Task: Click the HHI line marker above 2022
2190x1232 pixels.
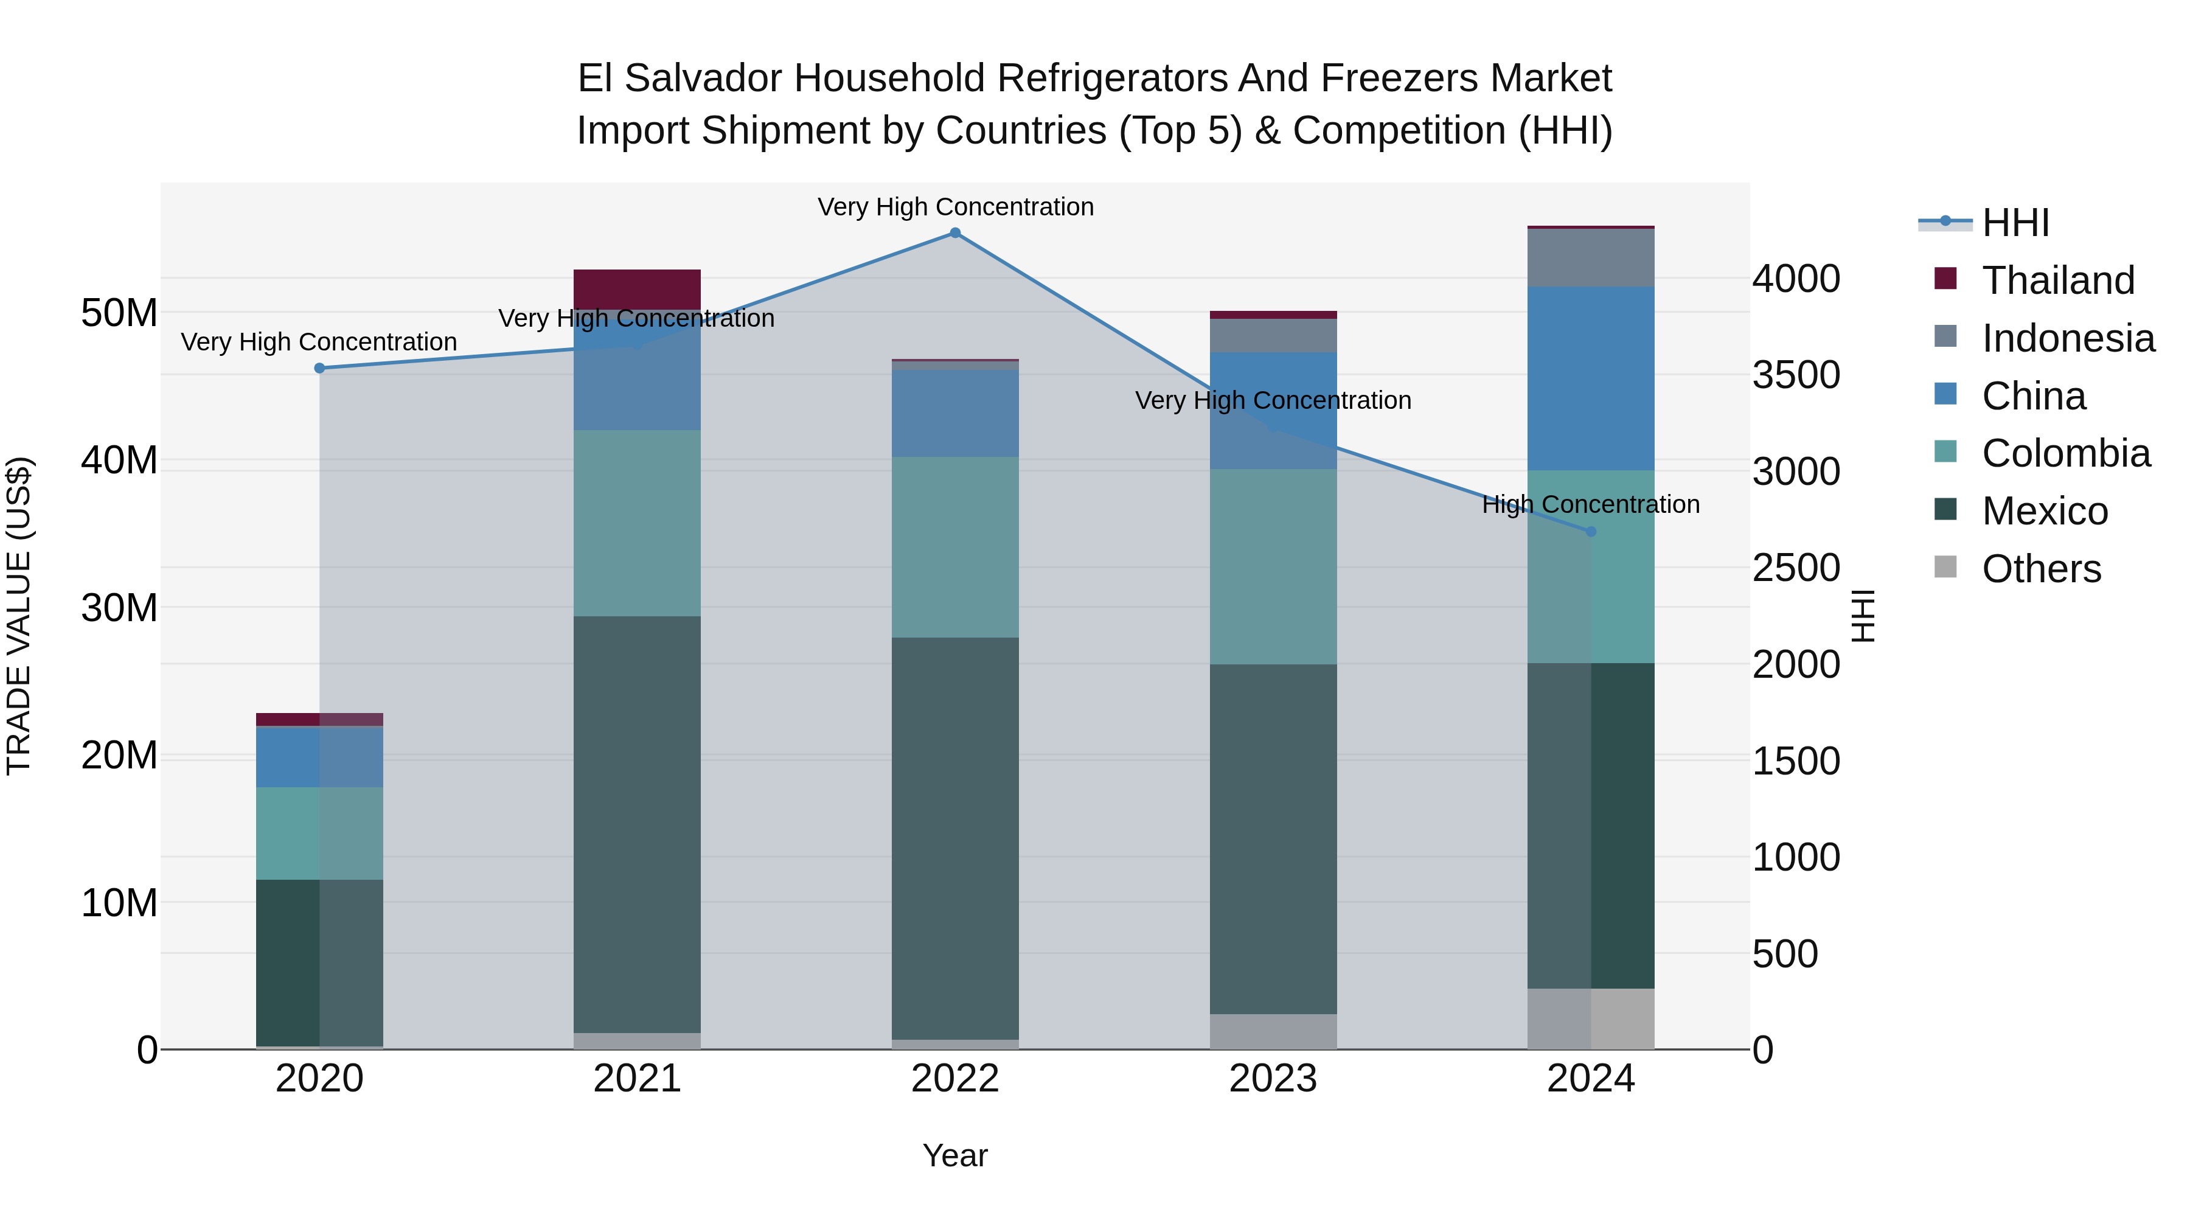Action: click(x=954, y=233)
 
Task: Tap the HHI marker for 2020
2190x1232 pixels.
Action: click(x=319, y=368)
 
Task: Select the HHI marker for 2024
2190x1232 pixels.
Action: click(x=1591, y=531)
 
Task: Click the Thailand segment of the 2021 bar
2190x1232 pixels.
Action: click(x=637, y=289)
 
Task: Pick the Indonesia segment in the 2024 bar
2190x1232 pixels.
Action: click(x=1591, y=257)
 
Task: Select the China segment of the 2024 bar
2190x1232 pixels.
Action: click(x=1591, y=378)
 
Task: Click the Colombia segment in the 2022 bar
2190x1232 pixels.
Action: click(x=954, y=547)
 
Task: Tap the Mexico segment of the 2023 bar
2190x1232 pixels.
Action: click(x=1273, y=838)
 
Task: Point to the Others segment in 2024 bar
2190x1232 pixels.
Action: click(x=1591, y=1018)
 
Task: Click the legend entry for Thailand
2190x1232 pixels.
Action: click(x=2057, y=280)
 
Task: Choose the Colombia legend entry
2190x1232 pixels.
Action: click(x=2065, y=453)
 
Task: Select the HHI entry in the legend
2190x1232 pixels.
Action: click(x=2015, y=223)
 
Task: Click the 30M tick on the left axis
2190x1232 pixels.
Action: click(x=119, y=608)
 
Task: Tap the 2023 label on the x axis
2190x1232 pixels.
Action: click(x=1273, y=1079)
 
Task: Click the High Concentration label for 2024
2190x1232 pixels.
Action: click(x=1591, y=504)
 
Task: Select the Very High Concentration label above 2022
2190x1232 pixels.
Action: click(x=954, y=207)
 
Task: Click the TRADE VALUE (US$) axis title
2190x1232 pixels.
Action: click(x=19, y=616)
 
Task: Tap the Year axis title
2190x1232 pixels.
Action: click(x=954, y=1155)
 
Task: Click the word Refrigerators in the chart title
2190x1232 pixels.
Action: click(x=1112, y=78)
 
